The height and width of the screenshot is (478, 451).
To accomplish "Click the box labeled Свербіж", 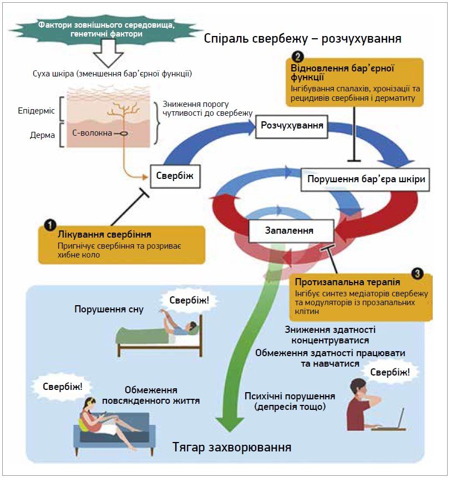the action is (175, 176).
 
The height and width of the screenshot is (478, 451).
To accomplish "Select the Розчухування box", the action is (292, 126).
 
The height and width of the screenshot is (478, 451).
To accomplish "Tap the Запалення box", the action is (291, 231).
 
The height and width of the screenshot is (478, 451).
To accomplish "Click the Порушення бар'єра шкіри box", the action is (365, 179).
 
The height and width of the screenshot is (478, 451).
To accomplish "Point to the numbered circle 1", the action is (50, 225).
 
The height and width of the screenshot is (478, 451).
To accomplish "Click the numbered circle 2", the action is (297, 56).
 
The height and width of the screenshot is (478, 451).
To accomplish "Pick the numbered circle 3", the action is (417, 274).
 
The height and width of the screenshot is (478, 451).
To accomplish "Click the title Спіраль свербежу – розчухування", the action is (302, 39).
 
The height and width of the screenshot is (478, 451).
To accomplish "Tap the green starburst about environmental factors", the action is (106, 29).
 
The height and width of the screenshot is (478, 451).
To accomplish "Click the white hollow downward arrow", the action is (108, 53).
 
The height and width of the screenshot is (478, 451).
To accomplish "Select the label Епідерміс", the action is (36, 110).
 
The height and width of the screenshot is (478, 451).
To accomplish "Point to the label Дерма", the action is (43, 135).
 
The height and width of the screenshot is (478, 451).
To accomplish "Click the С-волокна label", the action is (92, 133).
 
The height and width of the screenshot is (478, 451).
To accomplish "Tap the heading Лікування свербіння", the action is (104, 234).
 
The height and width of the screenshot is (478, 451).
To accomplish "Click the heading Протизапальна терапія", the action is (347, 282).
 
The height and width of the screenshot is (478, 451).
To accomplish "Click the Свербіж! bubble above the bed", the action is (189, 300).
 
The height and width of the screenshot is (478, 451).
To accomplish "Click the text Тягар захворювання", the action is (232, 447).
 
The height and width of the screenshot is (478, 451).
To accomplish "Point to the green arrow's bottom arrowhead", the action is (230, 423).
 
